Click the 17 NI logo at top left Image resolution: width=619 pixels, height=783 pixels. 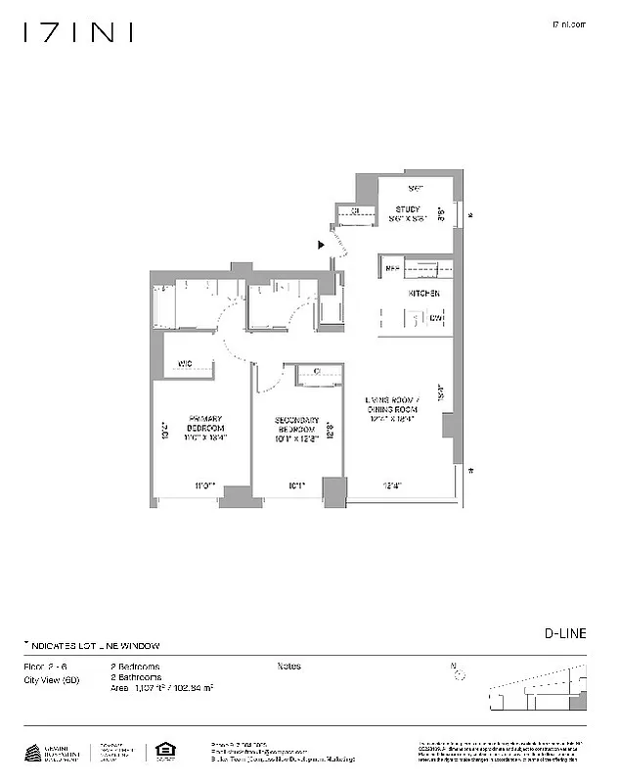[x=77, y=33]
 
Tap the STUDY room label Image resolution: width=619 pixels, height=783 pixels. [x=408, y=209]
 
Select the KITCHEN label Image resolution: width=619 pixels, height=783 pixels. [x=423, y=294]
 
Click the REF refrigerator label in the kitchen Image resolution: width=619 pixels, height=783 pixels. [x=392, y=267]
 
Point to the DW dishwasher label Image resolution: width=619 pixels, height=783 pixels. [x=435, y=318]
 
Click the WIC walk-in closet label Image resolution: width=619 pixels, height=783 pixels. [x=185, y=365]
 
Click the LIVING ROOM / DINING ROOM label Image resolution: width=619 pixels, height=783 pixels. [x=392, y=405]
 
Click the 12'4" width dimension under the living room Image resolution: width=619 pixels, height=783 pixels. [x=390, y=484]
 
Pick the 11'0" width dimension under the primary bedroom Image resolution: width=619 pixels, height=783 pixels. [x=203, y=484]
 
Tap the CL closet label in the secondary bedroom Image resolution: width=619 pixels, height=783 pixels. [x=319, y=370]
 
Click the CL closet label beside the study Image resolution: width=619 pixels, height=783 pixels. [x=355, y=210]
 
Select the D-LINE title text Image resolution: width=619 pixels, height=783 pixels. [x=565, y=633]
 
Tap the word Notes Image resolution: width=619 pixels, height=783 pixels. [x=288, y=667]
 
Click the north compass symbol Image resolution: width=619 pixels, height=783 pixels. [x=458, y=672]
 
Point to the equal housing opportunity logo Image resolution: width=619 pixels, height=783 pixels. [x=163, y=752]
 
